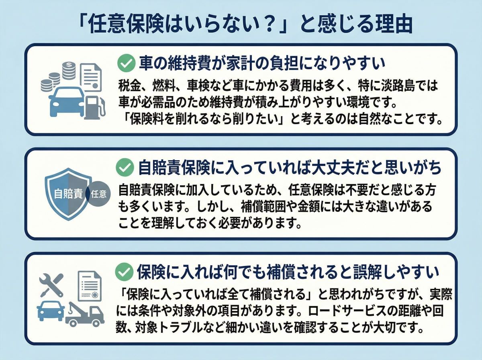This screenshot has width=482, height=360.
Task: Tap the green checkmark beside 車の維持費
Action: [x=125, y=63]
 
